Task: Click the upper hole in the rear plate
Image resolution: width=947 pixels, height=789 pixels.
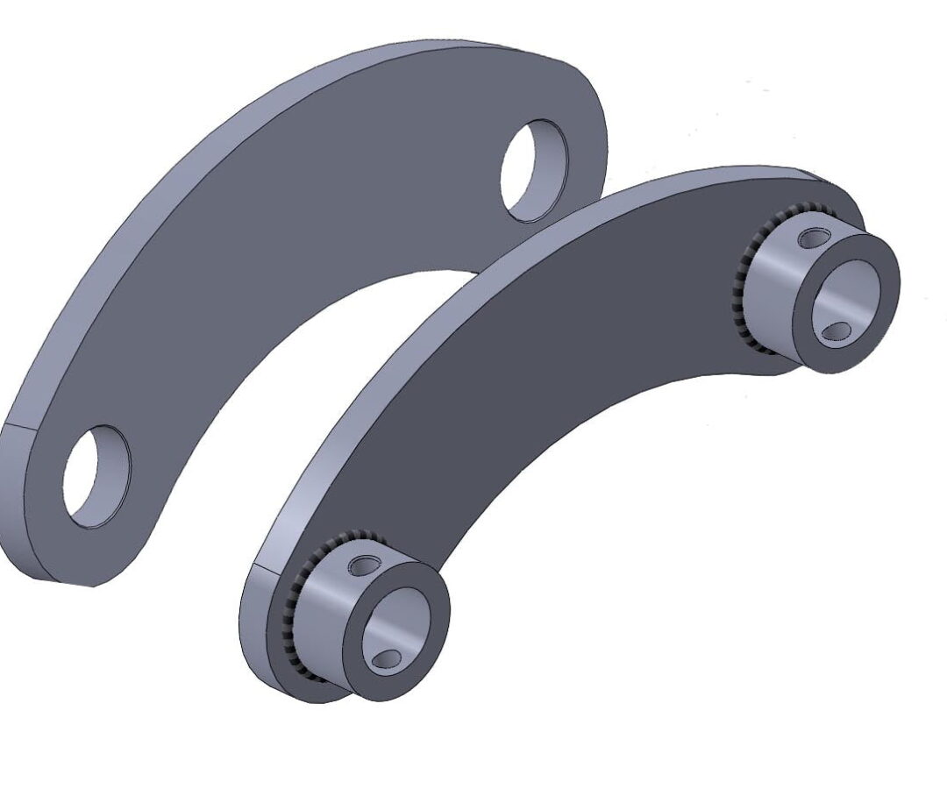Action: (534, 170)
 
